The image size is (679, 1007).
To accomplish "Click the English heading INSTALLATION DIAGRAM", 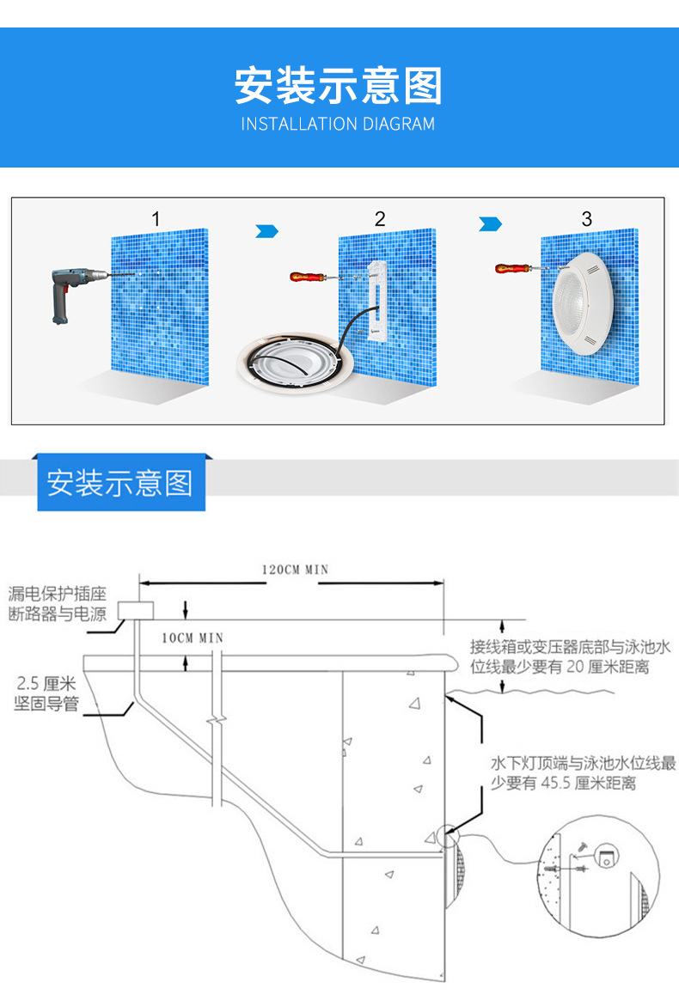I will [338, 124].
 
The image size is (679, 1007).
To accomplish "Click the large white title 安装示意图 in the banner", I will [339, 86].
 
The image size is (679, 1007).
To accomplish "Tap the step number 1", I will [156, 219].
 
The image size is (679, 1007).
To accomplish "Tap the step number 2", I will [380, 219].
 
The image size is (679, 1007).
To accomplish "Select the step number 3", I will [587, 219].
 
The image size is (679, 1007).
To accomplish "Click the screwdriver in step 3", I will [515, 269].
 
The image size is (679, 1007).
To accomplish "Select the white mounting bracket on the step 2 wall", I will [376, 302].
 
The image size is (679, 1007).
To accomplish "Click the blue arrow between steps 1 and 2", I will [268, 230].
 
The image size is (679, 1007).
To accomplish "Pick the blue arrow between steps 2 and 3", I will [490, 223].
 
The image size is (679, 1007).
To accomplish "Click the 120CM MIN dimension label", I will [295, 570].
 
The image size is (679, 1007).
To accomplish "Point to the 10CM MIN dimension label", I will [193, 638].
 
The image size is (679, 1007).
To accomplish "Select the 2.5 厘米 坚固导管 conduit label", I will [46, 694].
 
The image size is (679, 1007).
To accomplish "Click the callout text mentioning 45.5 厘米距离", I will [583, 773].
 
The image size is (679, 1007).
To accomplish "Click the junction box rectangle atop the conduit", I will [136, 609].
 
